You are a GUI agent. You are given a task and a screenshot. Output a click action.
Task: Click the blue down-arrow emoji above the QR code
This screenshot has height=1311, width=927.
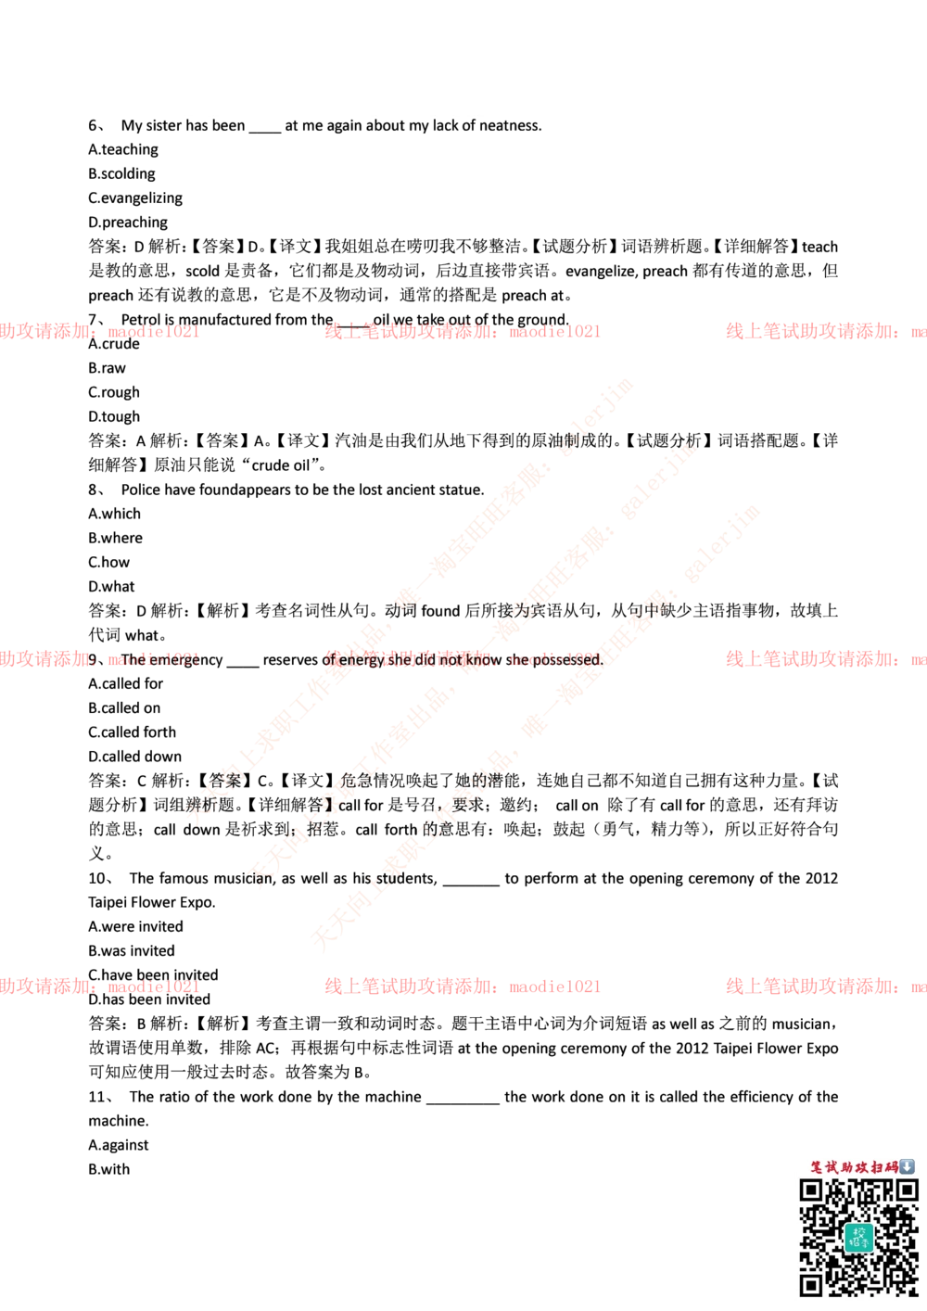[x=908, y=1166]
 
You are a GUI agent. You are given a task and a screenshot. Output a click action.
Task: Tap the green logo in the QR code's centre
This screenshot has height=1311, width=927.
[x=858, y=1238]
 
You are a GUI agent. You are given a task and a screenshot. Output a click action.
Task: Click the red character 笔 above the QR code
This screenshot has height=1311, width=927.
[x=817, y=1167]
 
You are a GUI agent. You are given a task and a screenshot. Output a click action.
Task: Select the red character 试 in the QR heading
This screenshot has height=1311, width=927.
[x=833, y=1167]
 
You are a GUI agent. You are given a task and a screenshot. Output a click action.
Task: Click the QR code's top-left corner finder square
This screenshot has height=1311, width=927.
[x=811, y=1190]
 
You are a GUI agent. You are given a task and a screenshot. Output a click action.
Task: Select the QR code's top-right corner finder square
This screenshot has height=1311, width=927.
[x=906, y=1190]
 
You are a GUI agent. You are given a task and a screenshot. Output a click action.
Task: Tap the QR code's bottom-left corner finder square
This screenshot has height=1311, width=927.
[x=811, y=1285]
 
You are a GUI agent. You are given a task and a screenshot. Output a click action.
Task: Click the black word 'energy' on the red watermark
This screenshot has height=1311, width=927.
[x=362, y=660]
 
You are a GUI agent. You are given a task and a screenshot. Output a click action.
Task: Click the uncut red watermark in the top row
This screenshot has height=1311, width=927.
[x=462, y=330]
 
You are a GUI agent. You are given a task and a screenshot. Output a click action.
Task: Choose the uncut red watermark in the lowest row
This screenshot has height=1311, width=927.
[x=462, y=986]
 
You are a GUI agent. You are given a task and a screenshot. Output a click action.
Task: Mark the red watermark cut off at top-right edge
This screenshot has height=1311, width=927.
[x=825, y=330]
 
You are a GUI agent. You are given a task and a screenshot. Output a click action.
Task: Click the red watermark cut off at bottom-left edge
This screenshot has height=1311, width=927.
[x=99, y=986]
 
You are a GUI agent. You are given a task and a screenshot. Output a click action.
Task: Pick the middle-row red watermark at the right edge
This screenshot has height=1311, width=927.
[x=825, y=659]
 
